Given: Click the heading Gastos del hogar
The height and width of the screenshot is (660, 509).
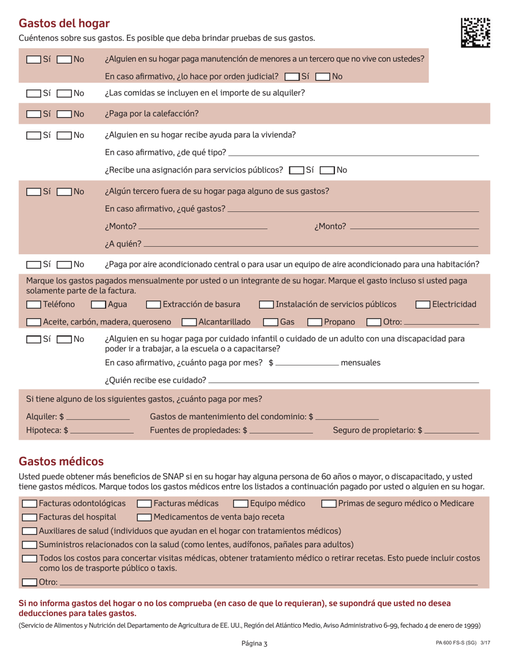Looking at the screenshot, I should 64,23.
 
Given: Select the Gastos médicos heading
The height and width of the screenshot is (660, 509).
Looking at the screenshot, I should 61,461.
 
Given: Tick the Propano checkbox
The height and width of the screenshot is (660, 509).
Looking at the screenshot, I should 315,322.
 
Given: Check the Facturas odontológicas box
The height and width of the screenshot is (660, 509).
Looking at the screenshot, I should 29,504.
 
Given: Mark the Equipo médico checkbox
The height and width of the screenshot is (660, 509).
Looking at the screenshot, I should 241,504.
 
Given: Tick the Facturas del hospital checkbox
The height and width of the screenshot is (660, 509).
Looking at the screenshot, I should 29,517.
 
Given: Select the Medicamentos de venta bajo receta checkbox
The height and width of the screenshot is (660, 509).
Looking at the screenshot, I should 144,517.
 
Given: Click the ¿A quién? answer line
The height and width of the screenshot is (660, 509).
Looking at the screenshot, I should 311,245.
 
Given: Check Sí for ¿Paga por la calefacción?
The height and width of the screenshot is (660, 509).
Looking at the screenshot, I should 33,114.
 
